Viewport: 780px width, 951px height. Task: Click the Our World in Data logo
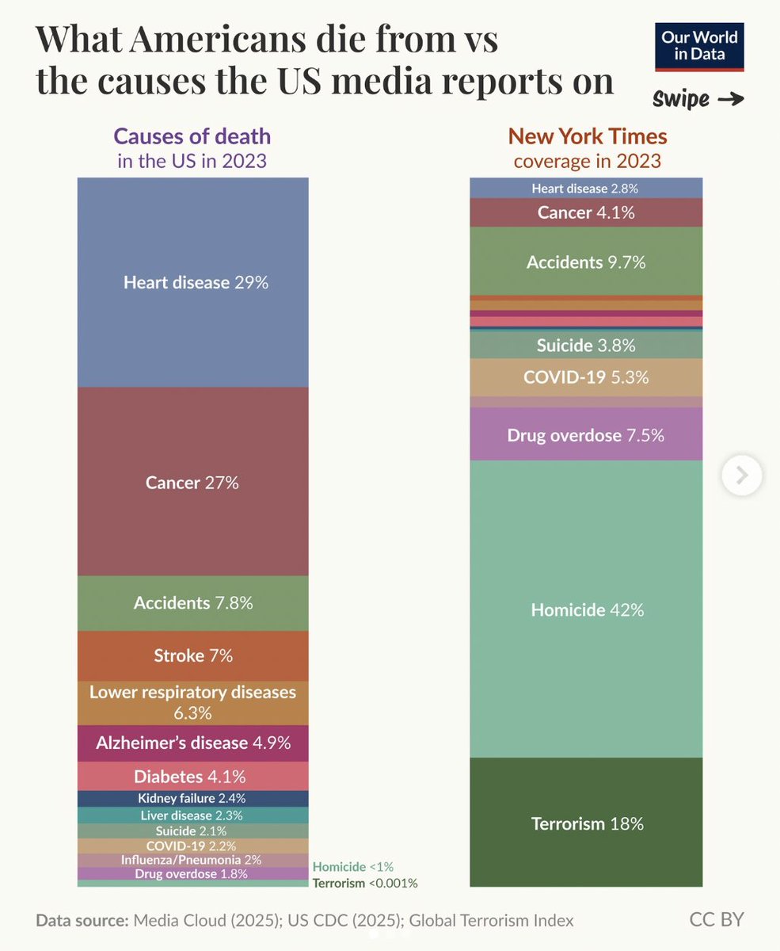click(x=700, y=48)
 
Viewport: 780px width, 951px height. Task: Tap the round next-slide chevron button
click(x=742, y=475)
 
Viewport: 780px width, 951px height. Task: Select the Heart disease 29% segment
click(x=193, y=282)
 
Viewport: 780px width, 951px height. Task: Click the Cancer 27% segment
click(x=193, y=482)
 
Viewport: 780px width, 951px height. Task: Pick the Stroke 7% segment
click(x=193, y=655)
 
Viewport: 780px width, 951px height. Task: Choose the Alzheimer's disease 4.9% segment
click(x=193, y=743)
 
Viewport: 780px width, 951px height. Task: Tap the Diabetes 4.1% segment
click(x=193, y=776)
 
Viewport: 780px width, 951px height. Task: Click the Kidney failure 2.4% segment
click(x=193, y=798)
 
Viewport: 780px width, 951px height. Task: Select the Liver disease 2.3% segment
click(x=193, y=815)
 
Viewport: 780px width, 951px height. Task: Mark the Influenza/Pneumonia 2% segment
click(x=193, y=860)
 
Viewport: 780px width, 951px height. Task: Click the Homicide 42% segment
click(x=586, y=609)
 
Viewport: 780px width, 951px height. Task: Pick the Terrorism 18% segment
click(x=586, y=823)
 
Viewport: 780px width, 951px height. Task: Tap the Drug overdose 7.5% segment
click(x=586, y=434)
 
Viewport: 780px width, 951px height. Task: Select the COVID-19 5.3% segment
click(x=586, y=377)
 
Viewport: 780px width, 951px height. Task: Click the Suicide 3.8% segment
click(x=586, y=345)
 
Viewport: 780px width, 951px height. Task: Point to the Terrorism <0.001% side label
click(x=365, y=883)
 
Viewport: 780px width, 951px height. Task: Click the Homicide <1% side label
click(x=353, y=866)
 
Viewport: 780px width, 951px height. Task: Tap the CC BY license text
click(x=716, y=919)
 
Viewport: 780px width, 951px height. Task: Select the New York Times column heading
click(x=587, y=136)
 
